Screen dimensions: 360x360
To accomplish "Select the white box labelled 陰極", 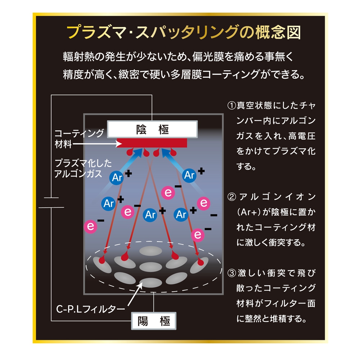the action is [152, 129].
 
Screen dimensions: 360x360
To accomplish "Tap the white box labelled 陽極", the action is [154, 321].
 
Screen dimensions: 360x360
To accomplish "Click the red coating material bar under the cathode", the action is [152, 143].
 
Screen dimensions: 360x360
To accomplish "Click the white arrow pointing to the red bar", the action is [97, 144].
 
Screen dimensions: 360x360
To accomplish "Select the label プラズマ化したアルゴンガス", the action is [83, 168].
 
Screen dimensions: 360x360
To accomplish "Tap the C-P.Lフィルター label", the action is [90, 309].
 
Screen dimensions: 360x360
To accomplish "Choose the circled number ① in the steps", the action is [231, 105].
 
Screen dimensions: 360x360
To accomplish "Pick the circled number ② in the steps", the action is [231, 197].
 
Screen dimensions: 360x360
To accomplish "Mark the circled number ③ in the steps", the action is [231, 273].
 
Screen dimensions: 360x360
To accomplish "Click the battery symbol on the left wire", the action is [51, 202].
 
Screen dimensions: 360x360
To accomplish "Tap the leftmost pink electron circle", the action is [90, 226].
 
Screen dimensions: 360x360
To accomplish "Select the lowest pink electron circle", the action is [198, 235].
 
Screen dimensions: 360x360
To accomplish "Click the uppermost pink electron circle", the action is [168, 193].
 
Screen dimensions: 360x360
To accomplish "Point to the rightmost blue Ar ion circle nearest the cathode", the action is [189, 175].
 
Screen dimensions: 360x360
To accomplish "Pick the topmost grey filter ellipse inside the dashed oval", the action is [150, 251].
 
